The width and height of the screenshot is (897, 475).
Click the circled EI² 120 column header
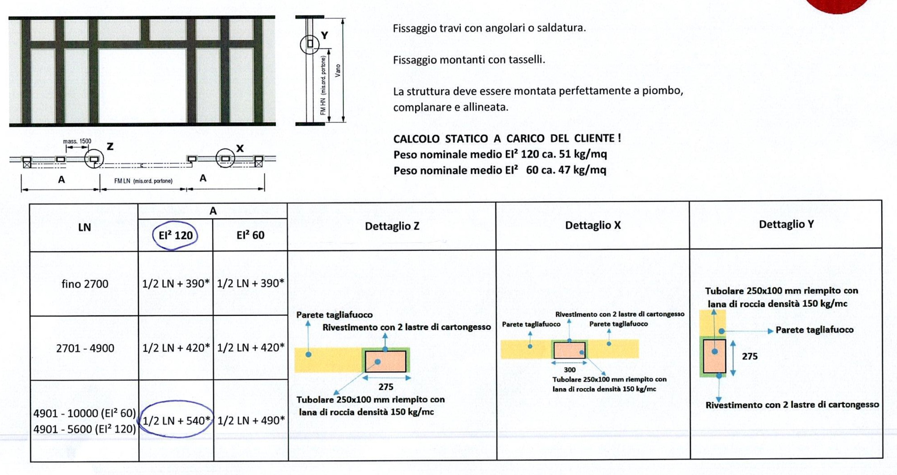tap(175, 235)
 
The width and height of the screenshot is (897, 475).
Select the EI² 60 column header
tap(250, 235)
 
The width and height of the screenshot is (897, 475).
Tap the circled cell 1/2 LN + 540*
tap(176, 420)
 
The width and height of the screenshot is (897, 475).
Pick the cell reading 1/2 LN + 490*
tap(251, 420)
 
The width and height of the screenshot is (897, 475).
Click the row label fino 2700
tap(85, 284)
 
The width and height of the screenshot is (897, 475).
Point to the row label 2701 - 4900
tap(85, 348)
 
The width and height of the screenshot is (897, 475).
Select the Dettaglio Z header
tap(392, 226)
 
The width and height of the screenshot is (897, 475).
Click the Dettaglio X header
tap(592, 225)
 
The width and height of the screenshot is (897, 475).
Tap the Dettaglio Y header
tap(786, 224)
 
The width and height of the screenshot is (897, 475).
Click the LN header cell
tap(84, 227)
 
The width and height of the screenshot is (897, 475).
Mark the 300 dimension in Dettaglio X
tap(569, 370)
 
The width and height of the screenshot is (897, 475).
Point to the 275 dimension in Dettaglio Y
tap(750, 356)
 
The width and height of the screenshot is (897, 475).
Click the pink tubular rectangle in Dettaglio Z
tap(385, 361)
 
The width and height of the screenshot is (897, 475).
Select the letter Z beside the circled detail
tap(110, 146)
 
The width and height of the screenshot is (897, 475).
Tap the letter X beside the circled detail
tap(240, 149)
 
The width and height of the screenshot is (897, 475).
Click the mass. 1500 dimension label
tap(77, 141)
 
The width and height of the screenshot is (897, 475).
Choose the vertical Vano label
tap(338, 70)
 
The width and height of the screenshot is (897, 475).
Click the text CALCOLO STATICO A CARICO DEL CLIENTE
tap(507, 138)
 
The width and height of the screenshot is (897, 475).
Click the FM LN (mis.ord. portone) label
tap(143, 181)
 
